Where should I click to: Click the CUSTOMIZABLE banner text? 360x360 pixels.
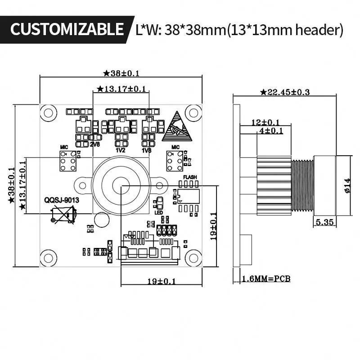pos(67,30)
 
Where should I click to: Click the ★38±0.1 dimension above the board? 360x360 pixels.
pos(121,73)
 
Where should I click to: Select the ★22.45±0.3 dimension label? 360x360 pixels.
pos(285,92)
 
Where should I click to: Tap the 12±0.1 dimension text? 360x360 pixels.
pos(265,122)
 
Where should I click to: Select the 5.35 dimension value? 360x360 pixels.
pos(324,222)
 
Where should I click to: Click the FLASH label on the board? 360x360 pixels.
pos(190,177)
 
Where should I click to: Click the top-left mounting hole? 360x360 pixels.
pos(49,113)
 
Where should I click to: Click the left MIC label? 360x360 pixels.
pos(64,147)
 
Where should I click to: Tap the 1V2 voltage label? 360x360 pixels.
pos(120,150)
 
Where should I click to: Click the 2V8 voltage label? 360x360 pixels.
pos(94,144)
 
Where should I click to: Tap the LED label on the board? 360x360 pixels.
pos(158,212)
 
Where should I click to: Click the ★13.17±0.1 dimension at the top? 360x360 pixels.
pos(122,89)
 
